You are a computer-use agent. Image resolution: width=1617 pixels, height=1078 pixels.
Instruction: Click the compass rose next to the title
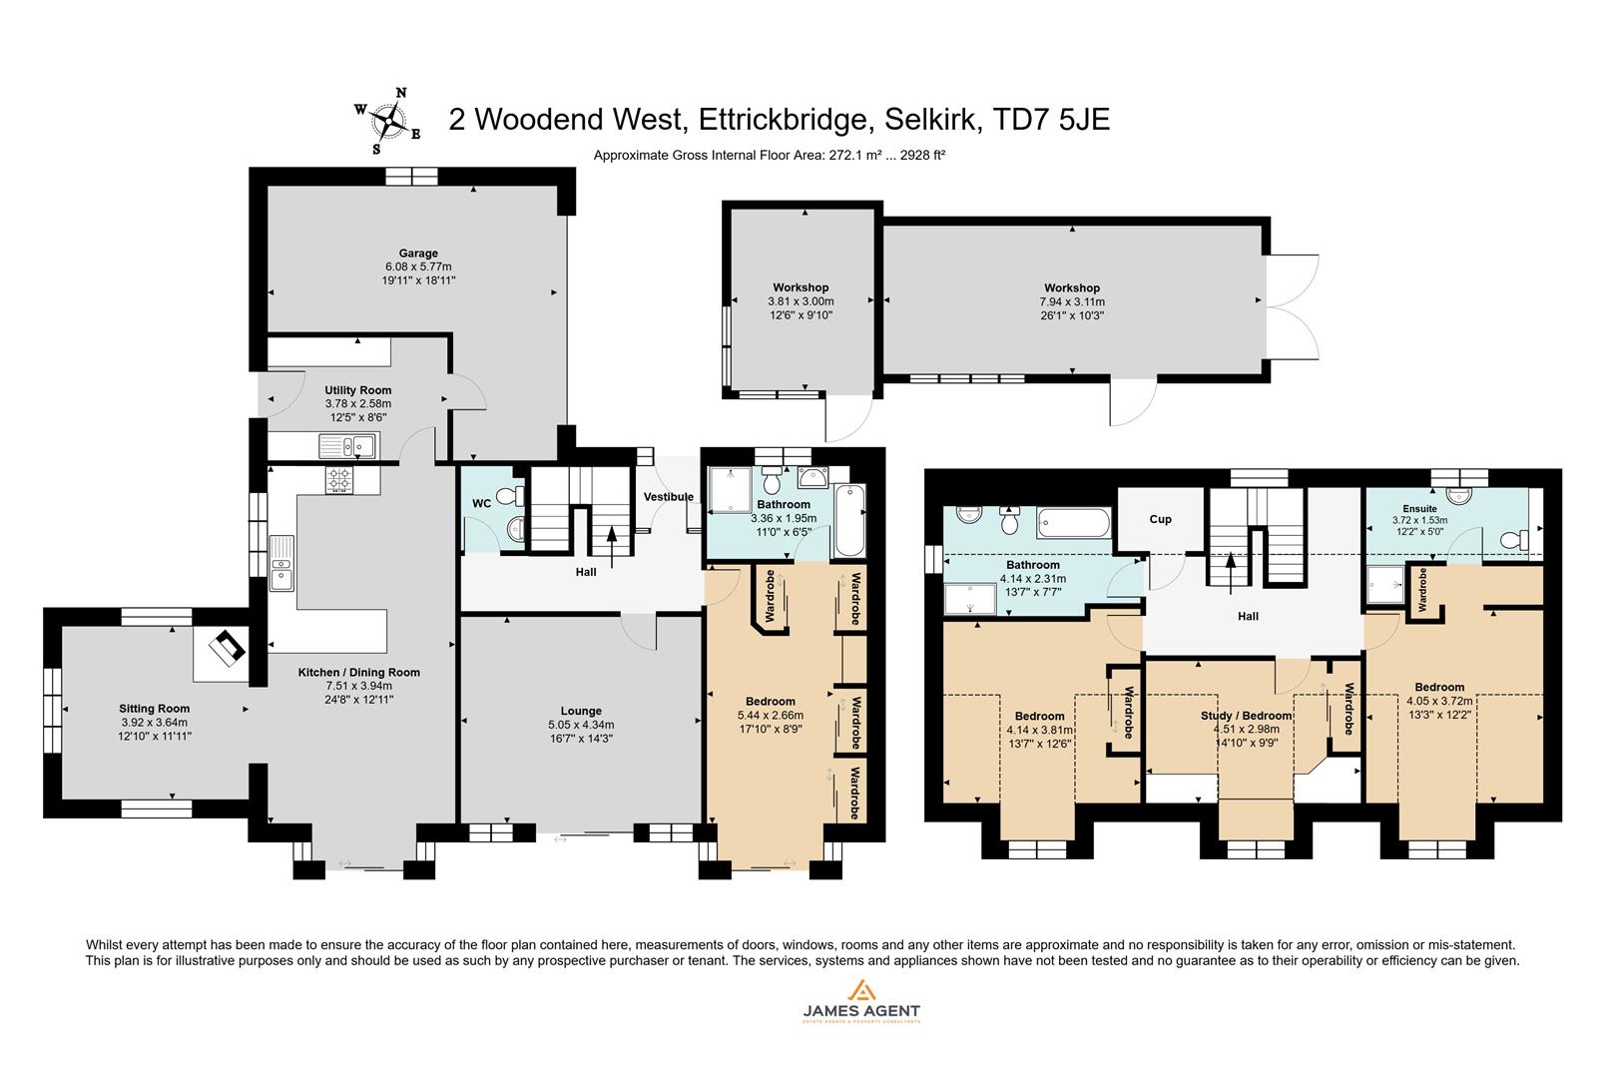(386, 122)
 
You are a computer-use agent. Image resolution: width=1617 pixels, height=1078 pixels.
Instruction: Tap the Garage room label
(418, 254)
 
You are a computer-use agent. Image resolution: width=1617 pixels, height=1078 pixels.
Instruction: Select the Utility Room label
(357, 390)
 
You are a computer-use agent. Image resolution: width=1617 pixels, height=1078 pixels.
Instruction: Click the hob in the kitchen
(339, 480)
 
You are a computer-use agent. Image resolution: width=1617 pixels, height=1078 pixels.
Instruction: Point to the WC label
(482, 504)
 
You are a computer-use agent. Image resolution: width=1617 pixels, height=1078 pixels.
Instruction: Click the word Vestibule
(668, 497)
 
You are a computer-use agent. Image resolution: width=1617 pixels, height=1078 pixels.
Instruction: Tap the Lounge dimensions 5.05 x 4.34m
(581, 726)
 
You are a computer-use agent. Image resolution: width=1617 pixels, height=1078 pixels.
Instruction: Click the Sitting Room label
(154, 709)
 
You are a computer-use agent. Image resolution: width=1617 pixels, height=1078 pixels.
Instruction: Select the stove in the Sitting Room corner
(226, 649)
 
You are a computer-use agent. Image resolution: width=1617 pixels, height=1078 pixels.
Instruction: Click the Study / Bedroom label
(1246, 716)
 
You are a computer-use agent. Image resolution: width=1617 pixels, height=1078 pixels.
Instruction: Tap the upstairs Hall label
(1248, 617)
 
